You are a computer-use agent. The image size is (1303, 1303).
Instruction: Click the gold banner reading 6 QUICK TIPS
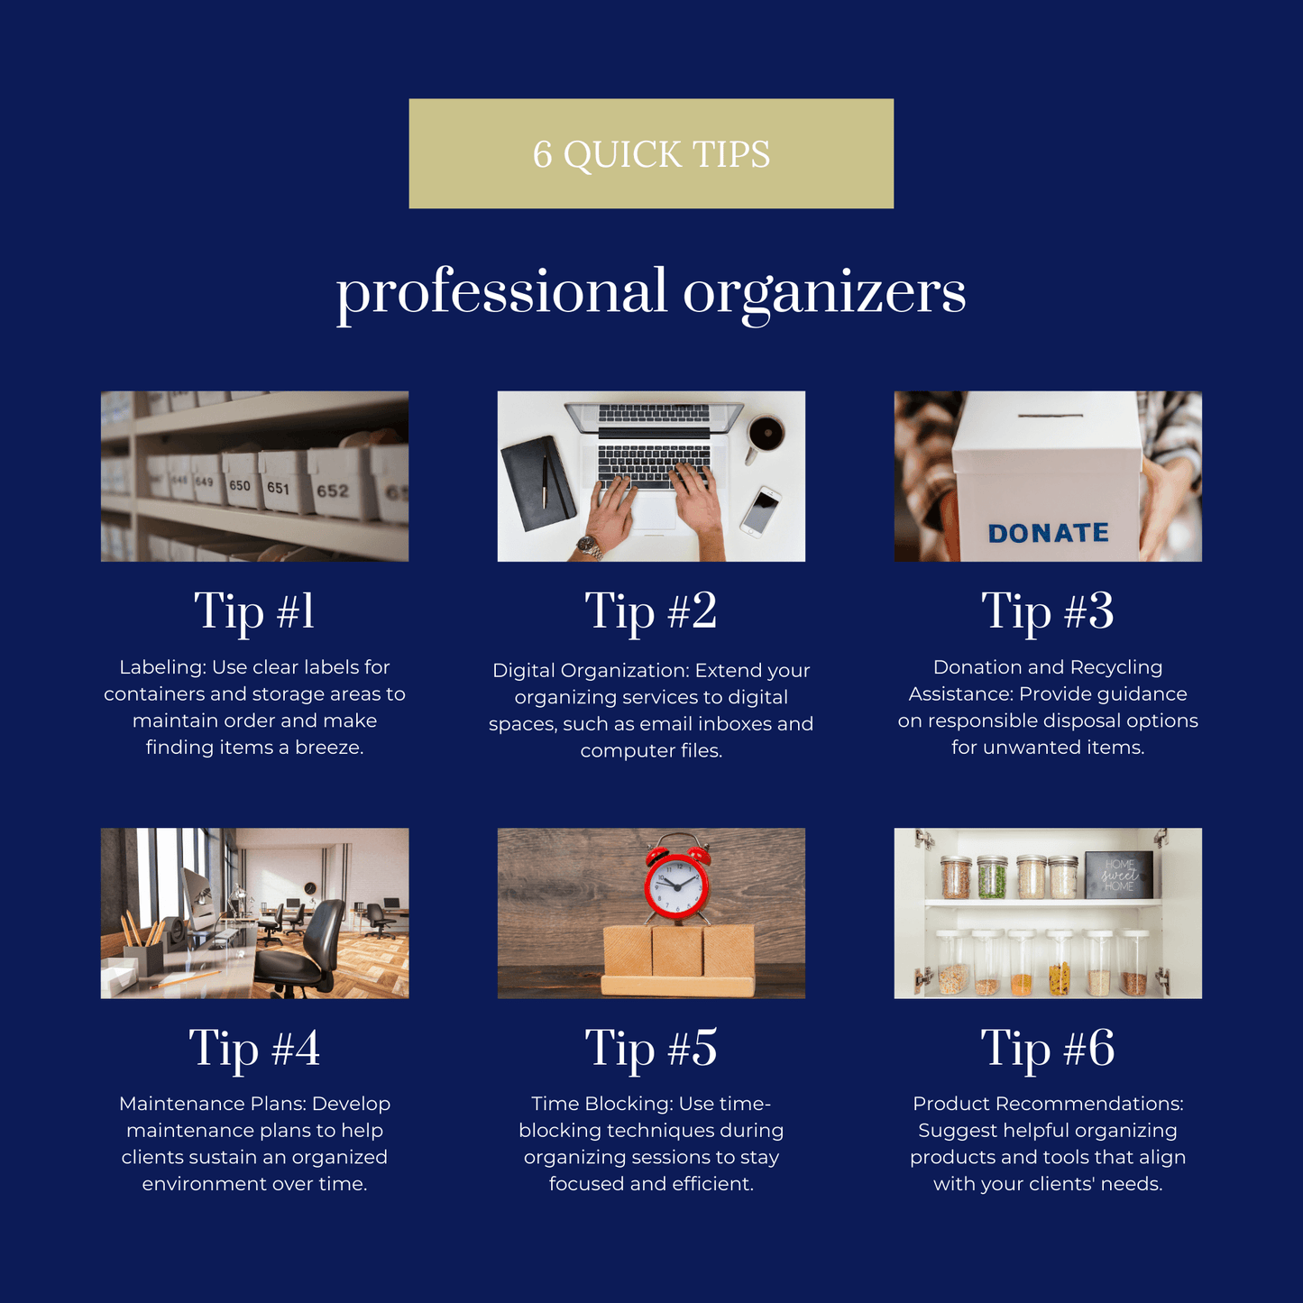651,153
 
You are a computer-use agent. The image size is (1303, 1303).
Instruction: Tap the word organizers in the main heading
824,294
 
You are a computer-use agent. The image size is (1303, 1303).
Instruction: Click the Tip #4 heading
254,1049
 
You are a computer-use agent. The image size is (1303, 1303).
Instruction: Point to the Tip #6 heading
1048,1049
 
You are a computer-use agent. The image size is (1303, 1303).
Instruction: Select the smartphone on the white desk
761,511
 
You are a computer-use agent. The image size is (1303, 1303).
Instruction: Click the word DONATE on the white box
1048,533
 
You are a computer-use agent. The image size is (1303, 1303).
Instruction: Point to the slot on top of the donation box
1051,415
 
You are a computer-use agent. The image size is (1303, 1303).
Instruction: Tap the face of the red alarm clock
676,883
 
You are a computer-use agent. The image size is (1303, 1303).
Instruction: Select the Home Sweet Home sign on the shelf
1118,875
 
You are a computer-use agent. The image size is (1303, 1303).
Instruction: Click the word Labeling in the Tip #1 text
162,667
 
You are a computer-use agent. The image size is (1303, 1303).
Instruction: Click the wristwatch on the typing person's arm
590,545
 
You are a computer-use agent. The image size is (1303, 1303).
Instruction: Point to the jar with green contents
992,877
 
